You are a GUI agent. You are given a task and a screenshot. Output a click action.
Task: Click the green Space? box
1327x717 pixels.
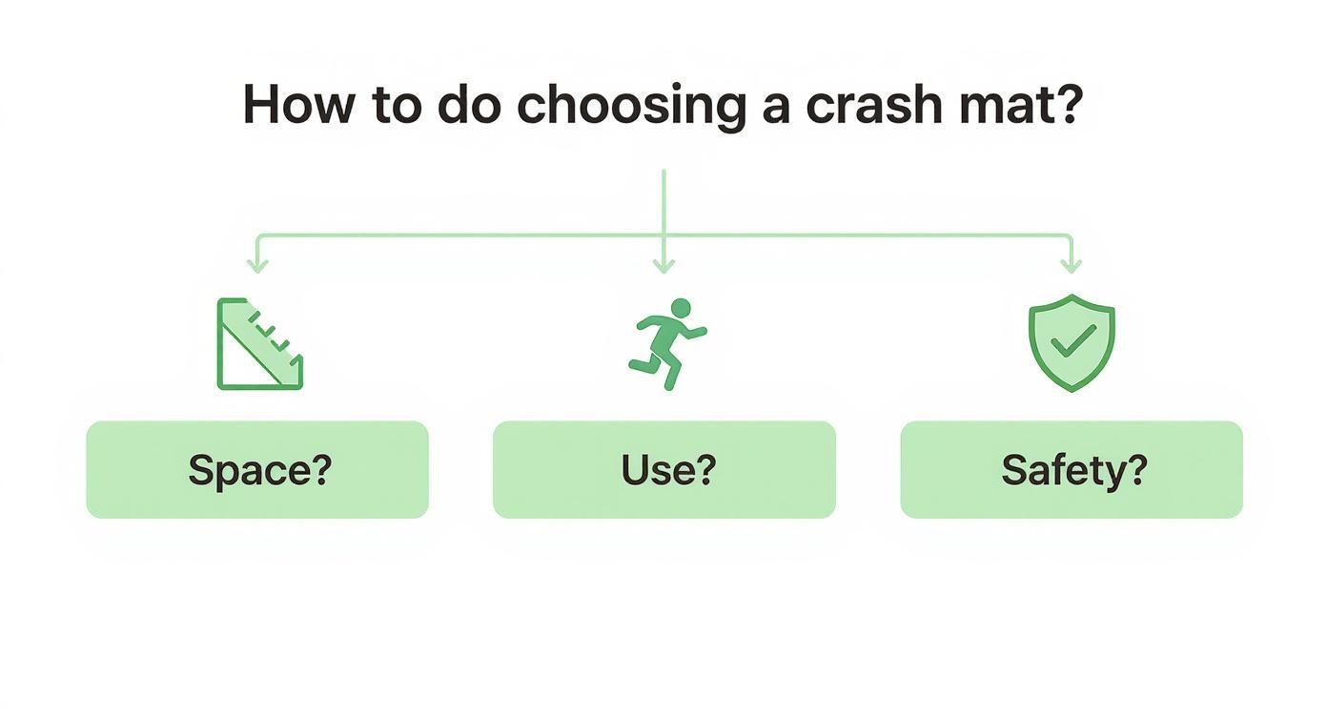[257, 470]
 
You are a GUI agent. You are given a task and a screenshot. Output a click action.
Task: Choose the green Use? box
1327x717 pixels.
[664, 470]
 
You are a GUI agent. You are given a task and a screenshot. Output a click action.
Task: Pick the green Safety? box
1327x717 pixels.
[1072, 470]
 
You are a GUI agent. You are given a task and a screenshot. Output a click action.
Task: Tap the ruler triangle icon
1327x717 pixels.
[258, 344]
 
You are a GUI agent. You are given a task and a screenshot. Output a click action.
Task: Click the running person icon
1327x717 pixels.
[666, 343]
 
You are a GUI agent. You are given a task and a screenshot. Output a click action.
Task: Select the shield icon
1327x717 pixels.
[1072, 342]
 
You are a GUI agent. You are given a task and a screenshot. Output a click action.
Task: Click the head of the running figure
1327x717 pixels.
[680, 308]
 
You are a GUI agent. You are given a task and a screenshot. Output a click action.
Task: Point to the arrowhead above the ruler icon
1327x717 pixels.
[257, 266]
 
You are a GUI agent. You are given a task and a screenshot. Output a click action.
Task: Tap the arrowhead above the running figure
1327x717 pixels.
[663, 266]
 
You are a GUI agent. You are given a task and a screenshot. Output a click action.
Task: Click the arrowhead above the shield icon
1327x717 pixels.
[1071, 266]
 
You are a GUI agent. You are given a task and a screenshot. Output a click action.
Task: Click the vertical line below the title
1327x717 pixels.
[663, 200]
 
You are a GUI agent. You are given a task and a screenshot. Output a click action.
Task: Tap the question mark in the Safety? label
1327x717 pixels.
[1135, 470]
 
